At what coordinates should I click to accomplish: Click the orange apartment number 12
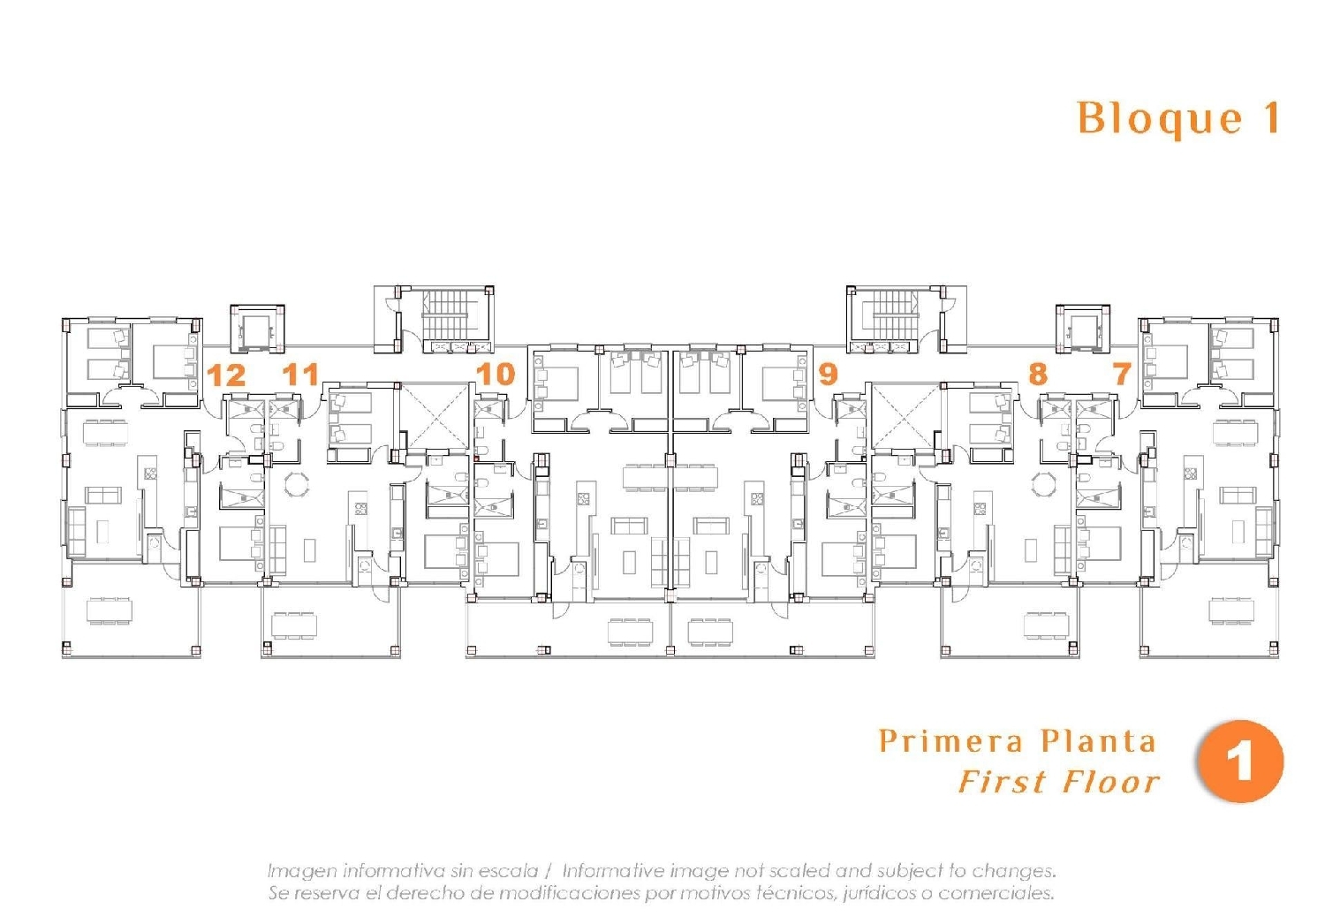(x=226, y=375)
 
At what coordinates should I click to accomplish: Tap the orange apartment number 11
(x=300, y=375)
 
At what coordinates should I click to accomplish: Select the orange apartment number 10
(x=496, y=374)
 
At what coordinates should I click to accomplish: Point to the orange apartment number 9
(x=828, y=374)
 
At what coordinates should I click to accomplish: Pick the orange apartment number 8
(x=1038, y=374)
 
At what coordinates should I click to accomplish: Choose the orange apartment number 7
(x=1122, y=374)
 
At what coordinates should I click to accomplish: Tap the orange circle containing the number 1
(x=1239, y=762)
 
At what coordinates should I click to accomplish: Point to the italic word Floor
(x=1111, y=782)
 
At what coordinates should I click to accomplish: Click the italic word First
(x=1003, y=782)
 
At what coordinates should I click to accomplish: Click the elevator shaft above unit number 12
(x=257, y=329)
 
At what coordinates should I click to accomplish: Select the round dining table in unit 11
(x=298, y=485)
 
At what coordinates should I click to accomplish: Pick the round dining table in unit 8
(x=1045, y=485)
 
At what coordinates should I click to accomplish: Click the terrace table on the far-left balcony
(x=109, y=610)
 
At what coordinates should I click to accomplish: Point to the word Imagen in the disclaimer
(x=301, y=871)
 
